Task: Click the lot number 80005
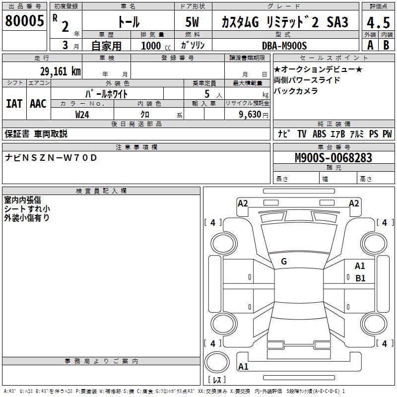pos(24,21)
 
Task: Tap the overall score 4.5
pos(378,22)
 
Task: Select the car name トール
pos(128,22)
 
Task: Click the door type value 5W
pos(192,22)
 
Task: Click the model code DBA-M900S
pos(284,46)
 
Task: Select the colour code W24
pos(82,115)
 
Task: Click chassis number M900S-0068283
pos(333,158)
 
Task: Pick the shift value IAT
pos(14,104)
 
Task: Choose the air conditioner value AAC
pos(38,104)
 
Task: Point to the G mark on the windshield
pos(284,262)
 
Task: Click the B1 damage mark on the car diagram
pos(360,278)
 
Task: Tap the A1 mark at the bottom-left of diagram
pos(243,367)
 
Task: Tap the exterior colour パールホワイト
pos(107,93)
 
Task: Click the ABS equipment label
pos(319,134)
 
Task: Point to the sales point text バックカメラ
pos(296,91)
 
